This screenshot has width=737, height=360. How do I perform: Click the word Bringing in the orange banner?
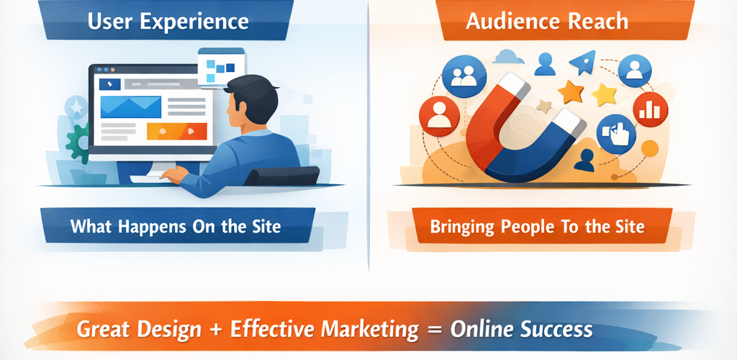[462, 228]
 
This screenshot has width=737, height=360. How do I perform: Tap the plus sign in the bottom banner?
[216, 330]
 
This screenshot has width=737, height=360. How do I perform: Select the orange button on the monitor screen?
[177, 132]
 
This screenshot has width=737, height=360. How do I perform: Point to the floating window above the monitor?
[222, 67]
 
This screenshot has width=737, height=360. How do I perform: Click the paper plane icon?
[584, 63]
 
